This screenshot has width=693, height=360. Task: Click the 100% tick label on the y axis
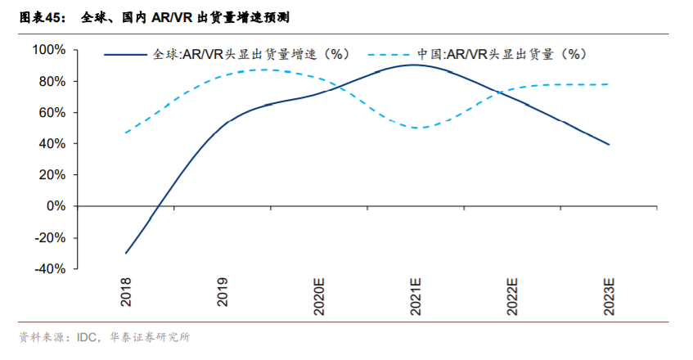[x=49, y=50]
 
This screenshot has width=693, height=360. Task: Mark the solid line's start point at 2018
[x=126, y=253]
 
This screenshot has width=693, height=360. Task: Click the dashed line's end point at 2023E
[x=609, y=84]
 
